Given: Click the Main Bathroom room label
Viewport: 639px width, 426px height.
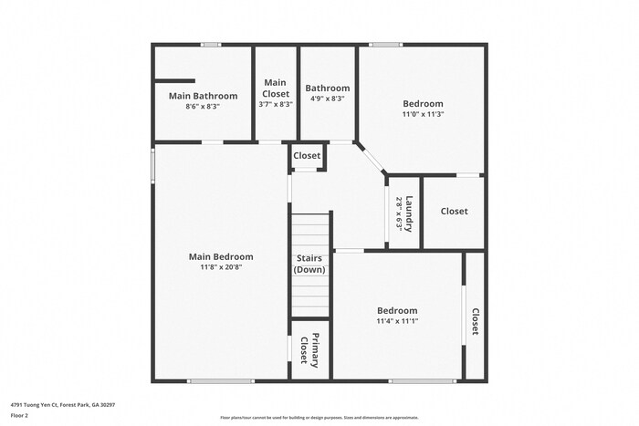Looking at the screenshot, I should click(x=203, y=96).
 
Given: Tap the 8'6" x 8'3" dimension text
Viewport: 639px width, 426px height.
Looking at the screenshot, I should click(x=203, y=107).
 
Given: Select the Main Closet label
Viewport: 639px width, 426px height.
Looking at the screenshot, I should click(x=276, y=88).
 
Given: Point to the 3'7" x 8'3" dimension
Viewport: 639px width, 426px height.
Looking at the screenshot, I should click(x=276, y=105).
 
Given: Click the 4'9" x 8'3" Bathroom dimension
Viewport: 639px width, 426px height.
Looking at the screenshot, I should click(x=327, y=99).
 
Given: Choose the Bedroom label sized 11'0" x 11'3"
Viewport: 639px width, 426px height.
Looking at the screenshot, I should click(x=424, y=104).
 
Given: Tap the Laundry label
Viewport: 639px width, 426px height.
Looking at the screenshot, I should click(x=411, y=213).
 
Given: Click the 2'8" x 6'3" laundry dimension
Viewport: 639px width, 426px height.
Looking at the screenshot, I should click(x=399, y=213).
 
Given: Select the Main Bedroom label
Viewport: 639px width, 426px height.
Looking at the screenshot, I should click(x=221, y=256).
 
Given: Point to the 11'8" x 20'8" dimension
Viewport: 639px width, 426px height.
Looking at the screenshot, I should click(x=221, y=267).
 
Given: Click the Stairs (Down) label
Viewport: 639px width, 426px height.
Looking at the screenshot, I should click(x=309, y=264).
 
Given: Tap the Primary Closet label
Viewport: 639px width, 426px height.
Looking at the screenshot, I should click(x=309, y=350).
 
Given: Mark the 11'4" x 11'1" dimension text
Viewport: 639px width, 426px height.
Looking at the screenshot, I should click(x=397, y=321).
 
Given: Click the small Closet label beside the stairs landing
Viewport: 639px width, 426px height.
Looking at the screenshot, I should click(x=307, y=156).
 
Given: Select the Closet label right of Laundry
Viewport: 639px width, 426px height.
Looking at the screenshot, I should click(x=454, y=212).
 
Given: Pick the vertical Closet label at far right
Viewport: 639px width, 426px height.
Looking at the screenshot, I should click(x=475, y=321).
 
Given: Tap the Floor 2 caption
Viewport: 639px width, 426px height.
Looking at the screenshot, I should click(x=19, y=415).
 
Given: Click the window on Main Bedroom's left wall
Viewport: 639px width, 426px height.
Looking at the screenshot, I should click(x=152, y=165).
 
